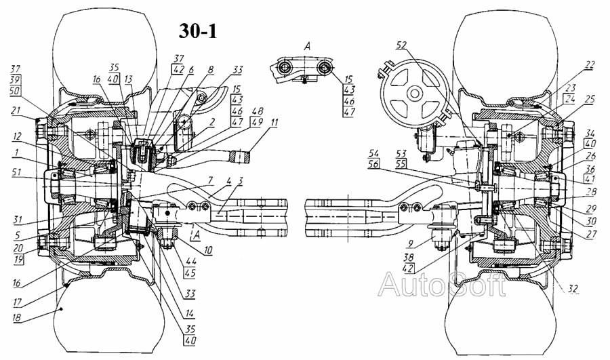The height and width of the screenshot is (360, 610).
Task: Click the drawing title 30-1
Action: click(198, 30)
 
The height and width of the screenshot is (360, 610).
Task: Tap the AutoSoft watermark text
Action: click(441, 283)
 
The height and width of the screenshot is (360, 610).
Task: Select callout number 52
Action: click(402, 45)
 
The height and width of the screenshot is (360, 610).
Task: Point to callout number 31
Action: click(16, 218)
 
